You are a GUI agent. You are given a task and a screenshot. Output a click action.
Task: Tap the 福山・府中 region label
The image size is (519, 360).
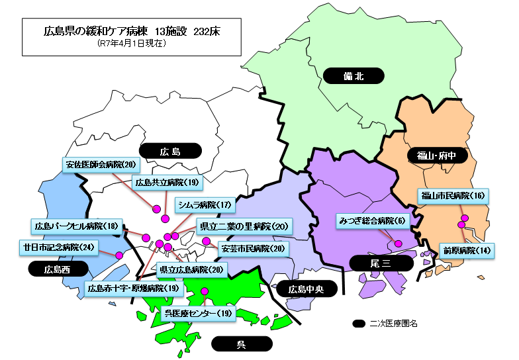pos(433,156)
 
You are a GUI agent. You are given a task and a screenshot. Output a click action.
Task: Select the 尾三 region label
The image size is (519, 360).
pos(382,263)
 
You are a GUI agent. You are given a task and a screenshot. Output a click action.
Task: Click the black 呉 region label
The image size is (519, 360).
pos(242,344)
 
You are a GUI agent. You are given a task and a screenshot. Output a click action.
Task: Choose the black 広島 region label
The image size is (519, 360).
pos(170,152)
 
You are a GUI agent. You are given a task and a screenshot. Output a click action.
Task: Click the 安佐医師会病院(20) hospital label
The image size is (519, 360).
pos(101,164)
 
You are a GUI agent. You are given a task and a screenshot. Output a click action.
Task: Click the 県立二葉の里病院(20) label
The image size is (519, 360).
pos(244,226)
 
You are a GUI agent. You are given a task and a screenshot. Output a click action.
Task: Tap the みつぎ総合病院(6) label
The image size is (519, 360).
pos(374,220)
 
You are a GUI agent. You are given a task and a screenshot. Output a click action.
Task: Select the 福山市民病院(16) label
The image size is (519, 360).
pos(452,196)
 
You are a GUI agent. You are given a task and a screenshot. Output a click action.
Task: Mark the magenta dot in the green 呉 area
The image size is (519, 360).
pos(205,292)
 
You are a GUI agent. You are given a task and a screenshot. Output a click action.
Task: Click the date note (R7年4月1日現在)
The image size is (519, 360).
pos(130,44)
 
